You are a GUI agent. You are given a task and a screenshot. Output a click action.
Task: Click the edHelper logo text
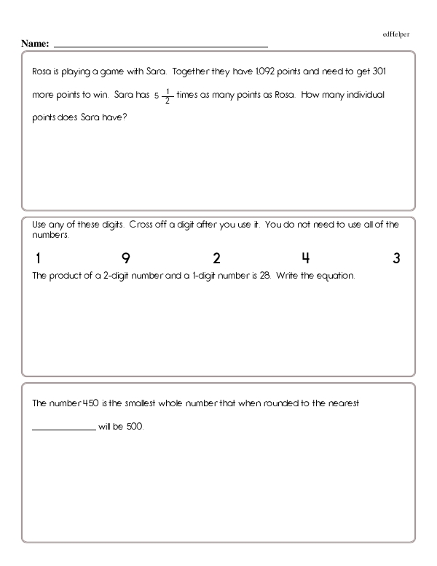(396, 34)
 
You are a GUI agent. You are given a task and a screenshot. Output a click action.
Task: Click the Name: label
(35, 44)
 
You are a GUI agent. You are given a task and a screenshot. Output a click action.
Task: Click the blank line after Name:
(160, 45)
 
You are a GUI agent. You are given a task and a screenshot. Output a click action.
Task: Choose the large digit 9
(125, 259)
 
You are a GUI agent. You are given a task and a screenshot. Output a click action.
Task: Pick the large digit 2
(216, 259)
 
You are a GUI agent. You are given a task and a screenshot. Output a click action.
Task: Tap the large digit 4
(306, 259)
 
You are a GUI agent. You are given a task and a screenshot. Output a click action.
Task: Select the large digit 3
(396, 259)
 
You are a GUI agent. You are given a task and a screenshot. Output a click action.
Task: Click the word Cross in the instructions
(141, 225)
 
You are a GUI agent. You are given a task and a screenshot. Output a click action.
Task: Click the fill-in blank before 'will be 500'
(63, 427)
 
